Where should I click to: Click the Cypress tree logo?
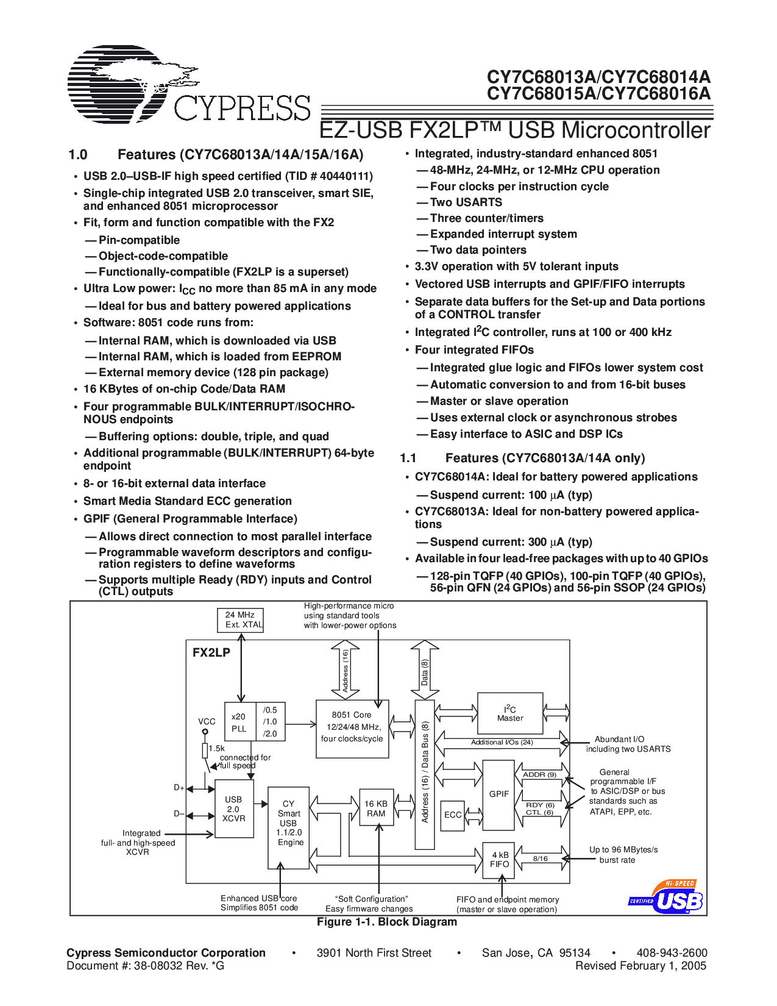pos(131,84)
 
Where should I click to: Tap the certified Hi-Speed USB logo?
pos(665,897)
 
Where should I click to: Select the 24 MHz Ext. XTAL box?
pos(241,620)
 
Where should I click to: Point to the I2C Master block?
pos(510,713)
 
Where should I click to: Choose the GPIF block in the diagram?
pos(498,794)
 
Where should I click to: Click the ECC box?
pos(453,815)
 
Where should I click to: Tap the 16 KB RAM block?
pos(376,808)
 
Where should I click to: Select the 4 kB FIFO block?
pos(499,860)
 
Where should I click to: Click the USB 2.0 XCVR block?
pos(234,808)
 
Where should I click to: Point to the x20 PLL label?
pos(239,722)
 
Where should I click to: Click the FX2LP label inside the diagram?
pos(211,652)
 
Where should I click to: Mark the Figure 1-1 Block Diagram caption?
pos(387,922)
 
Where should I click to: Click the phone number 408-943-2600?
pos(672,953)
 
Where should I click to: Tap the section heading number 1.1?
pos(408,458)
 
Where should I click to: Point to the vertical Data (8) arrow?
pos(425,671)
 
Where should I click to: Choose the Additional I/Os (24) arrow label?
pos(502,742)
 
